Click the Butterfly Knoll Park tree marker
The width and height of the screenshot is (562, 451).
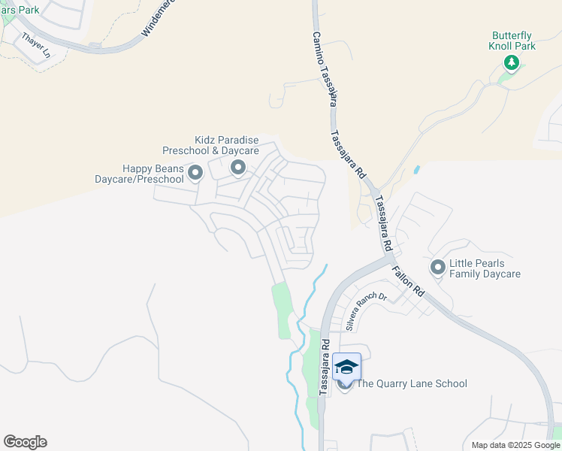tap(512, 62)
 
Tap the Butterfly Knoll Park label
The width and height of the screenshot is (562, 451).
tap(512, 41)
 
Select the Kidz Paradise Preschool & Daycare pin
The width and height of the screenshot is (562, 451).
tap(238, 168)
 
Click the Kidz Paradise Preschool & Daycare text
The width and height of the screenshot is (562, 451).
tap(226, 146)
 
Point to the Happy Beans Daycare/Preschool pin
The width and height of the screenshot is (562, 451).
tap(195, 174)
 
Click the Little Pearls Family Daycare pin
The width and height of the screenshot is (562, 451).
tap(437, 267)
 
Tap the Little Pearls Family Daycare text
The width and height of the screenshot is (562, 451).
tap(485, 269)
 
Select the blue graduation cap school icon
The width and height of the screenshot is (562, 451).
tap(346, 367)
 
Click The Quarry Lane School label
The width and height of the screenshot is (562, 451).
tap(412, 384)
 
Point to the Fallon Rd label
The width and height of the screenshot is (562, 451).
tap(407, 279)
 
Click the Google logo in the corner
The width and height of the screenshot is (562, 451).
tap(25, 442)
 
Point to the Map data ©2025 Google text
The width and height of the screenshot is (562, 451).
tap(515, 445)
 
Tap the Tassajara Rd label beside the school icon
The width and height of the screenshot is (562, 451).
tap(325, 367)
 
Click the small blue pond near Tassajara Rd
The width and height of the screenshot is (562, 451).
tap(416, 170)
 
